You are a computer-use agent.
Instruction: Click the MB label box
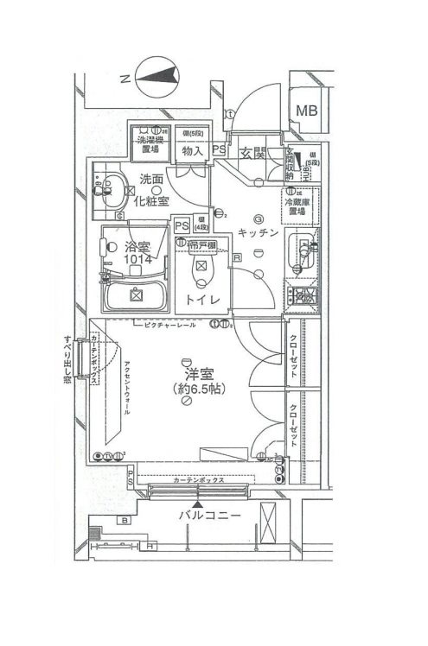(306, 111)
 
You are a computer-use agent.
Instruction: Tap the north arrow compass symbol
(158, 79)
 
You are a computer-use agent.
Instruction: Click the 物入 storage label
(193, 151)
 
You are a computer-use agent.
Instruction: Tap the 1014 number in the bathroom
(136, 258)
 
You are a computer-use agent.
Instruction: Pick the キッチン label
(259, 231)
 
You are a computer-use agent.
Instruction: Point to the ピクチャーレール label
(170, 326)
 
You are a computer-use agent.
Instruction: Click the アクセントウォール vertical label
(127, 389)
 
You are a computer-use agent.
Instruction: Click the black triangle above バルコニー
(200, 502)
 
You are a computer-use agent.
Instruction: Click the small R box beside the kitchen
(236, 257)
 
